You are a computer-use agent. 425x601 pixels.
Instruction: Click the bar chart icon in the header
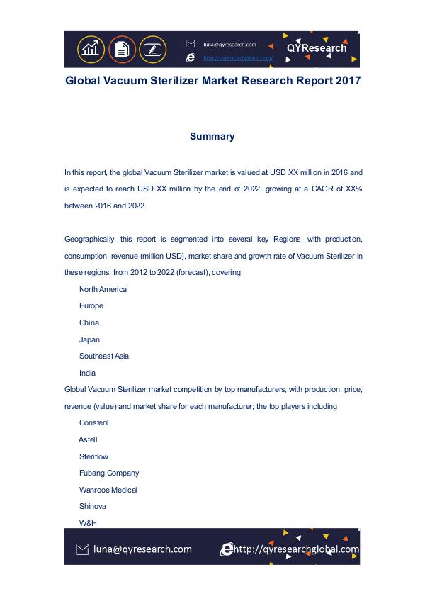(x=90, y=49)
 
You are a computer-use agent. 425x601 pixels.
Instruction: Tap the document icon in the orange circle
(x=121, y=49)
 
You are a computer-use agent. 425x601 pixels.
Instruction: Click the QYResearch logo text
(x=317, y=48)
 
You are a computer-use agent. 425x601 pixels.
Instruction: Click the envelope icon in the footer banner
(x=82, y=549)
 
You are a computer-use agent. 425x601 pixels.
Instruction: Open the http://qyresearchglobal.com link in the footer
(x=296, y=549)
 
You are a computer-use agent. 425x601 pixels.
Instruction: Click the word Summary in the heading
(x=212, y=136)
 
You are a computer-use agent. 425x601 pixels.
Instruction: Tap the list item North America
(x=103, y=289)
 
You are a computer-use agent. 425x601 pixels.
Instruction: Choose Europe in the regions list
(x=91, y=306)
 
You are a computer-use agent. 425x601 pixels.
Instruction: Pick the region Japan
(x=89, y=339)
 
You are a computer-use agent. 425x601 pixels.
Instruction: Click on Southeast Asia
(x=103, y=356)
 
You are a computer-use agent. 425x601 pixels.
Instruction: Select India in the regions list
(x=87, y=373)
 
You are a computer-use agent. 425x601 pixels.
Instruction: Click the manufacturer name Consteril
(x=94, y=423)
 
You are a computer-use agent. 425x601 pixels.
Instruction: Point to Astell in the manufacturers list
(x=88, y=439)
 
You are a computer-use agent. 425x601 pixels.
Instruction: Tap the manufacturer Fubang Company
(x=109, y=473)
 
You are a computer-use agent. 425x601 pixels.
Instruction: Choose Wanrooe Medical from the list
(x=108, y=490)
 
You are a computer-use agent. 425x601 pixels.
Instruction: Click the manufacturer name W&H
(x=88, y=523)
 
